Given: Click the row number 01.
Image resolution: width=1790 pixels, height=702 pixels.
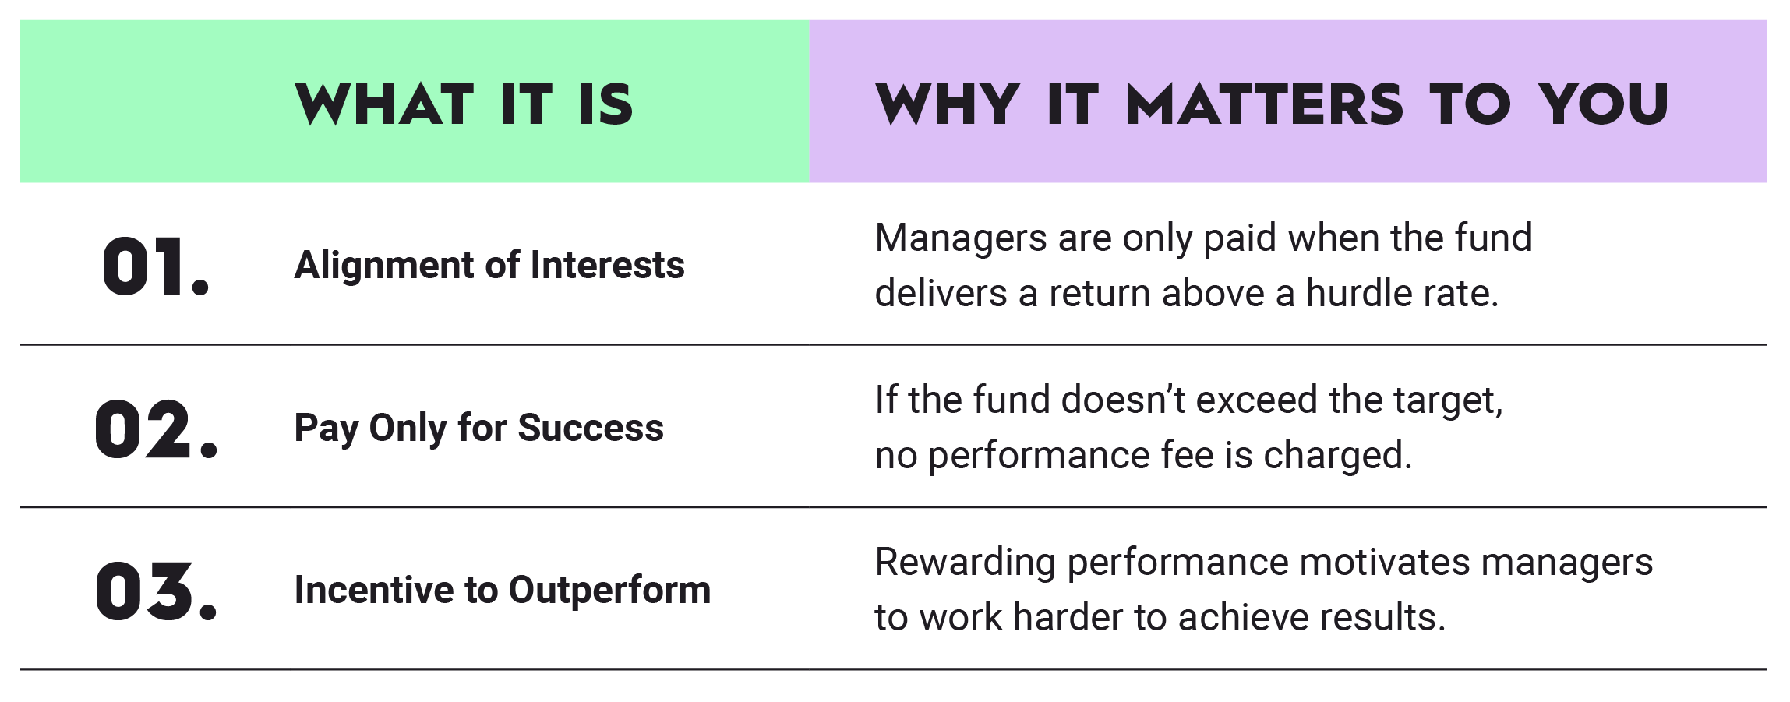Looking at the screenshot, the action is pyautogui.click(x=156, y=266).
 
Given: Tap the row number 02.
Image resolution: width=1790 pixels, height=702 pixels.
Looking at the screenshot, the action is pyautogui.click(x=156, y=429).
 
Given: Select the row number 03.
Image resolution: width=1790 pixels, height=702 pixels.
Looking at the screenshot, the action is pyautogui.click(x=156, y=591).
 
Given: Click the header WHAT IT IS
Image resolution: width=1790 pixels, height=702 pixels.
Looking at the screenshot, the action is pyautogui.click(x=464, y=104).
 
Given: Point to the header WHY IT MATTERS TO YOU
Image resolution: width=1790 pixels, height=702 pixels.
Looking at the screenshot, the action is pyautogui.click(x=1271, y=104).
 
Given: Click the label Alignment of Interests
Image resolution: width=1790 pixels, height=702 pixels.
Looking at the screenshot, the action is pyautogui.click(x=489, y=265).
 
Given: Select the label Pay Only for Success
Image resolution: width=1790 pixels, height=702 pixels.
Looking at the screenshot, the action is pyautogui.click(x=478, y=428).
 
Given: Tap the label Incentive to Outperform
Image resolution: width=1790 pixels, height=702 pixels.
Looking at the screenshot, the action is pyautogui.click(x=503, y=590).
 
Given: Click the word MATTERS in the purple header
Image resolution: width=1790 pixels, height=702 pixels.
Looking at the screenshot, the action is pyautogui.click(x=1264, y=104).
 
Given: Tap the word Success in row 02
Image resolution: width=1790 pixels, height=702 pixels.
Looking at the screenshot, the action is pyautogui.click(x=591, y=428).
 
